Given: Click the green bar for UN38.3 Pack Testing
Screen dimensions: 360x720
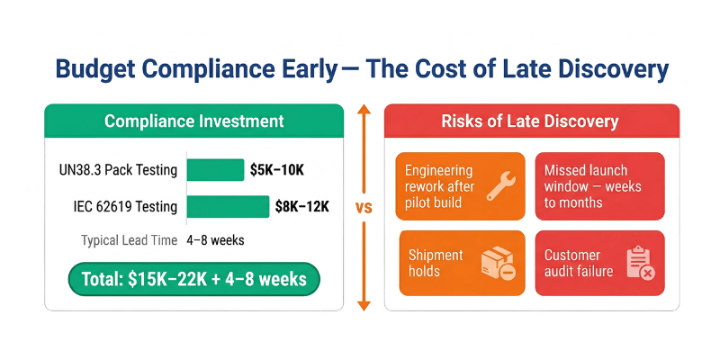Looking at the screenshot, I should [x=215, y=170].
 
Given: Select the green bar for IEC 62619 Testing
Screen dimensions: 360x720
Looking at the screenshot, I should [x=228, y=207].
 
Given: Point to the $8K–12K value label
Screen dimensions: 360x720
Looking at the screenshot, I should [x=301, y=207].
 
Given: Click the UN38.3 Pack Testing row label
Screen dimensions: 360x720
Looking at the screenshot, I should [x=116, y=170].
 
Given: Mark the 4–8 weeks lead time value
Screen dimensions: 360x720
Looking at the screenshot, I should [x=215, y=240].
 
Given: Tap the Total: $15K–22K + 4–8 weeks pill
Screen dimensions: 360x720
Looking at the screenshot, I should [x=193, y=279].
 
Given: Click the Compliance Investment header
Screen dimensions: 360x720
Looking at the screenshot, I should [x=193, y=121].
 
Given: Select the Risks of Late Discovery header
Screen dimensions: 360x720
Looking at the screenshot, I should [x=531, y=121].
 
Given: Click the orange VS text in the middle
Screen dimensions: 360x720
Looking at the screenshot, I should [x=364, y=208].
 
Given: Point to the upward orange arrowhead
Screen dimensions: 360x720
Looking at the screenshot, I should [x=364, y=110].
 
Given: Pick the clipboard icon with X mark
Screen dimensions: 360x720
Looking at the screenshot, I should [x=640, y=263].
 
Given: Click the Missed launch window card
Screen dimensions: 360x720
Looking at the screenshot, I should [x=599, y=186].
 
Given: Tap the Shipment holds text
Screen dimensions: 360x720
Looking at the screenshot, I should [x=439, y=263].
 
